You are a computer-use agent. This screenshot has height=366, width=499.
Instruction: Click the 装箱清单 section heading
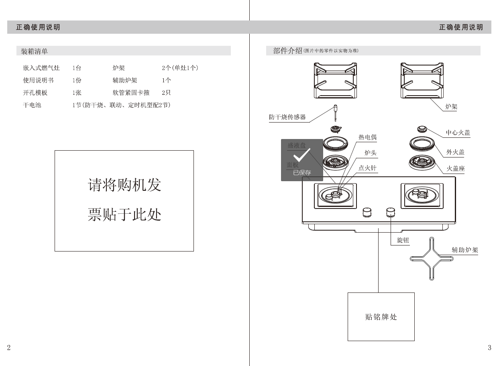pyautogui.click(x=34, y=51)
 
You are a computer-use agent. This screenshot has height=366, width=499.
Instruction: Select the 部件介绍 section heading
pyautogui.click(x=287, y=51)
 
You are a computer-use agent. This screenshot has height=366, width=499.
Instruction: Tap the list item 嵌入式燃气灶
pyautogui.click(x=41, y=68)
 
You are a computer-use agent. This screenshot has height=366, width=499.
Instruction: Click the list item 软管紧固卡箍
pyautogui.click(x=131, y=92)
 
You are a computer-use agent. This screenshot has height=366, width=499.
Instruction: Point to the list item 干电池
pyautogui.click(x=32, y=105)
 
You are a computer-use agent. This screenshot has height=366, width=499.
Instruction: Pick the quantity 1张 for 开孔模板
pyautogui.click(x=77, y=92)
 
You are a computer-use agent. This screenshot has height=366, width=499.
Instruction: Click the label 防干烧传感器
pyautogui.click(x=287, y=117)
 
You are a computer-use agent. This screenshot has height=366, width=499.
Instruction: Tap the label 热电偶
pyautogui.click(x=367, y=137)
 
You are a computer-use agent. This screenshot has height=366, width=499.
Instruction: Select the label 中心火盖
pyautogui.click(x=458, y=133)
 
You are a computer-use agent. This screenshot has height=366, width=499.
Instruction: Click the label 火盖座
pyautogui.click(x=456, y=169)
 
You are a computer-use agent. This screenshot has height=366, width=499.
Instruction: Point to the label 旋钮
pyautogui.click(x=403, y=240)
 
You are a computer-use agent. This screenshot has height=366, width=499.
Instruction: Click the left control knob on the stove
pyautogui.click(x=367, y=212)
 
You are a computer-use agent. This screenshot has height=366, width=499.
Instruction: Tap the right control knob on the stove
pyautogui.click(x=390, y=212)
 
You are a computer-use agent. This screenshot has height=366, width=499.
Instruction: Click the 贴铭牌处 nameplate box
pyautogui.click(x=381, y=317)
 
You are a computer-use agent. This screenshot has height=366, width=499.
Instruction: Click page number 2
pyautogui.click(x=9, y=348)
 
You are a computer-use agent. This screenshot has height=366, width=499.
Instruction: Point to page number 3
pyautogui.click(x=489, y=348)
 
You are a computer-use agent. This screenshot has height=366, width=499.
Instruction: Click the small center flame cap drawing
pyautogui.click(x=422, y=129)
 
